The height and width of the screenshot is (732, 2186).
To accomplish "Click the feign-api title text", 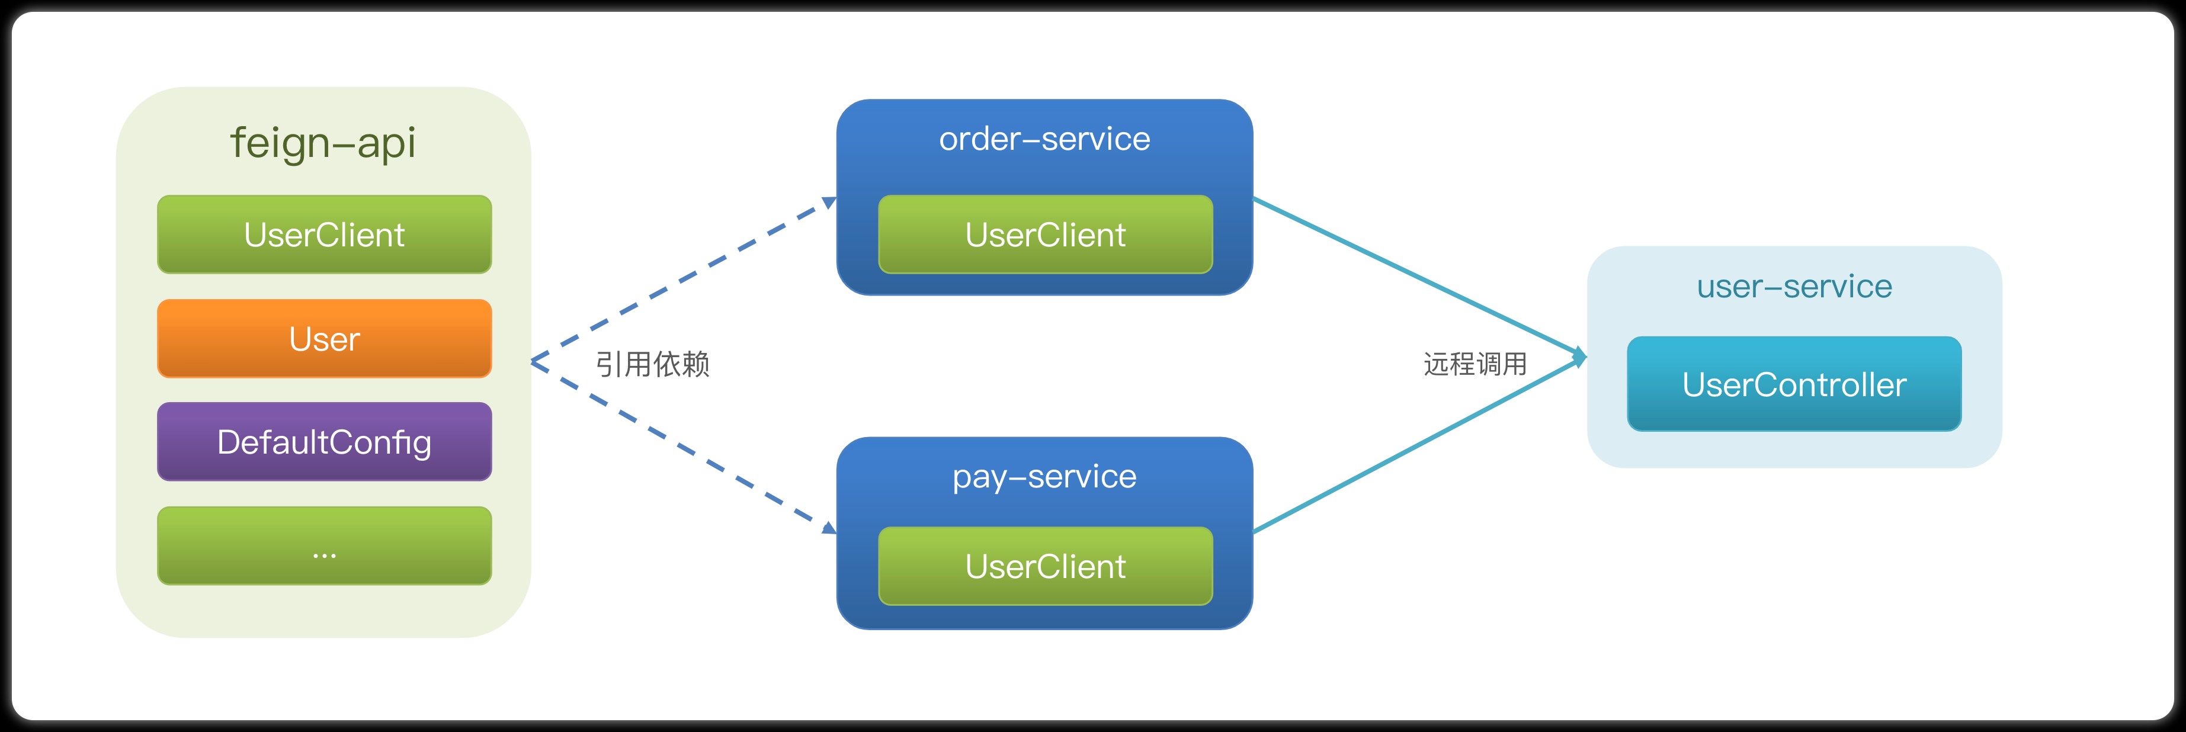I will click(323, 143).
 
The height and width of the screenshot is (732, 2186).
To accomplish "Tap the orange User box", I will click(324, 338).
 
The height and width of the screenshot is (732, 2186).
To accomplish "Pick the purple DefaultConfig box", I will click(324, 442).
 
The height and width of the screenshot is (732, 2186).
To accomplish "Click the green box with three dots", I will click(324, 546).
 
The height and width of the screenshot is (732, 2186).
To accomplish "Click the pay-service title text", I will click(1044, 477).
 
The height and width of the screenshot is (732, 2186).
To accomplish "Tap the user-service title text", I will click(1794, 287).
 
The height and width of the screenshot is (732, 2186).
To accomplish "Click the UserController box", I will click(1794, 384).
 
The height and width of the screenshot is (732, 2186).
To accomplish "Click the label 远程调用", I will click(1475, 364).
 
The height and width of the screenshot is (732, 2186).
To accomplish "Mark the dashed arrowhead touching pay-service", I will click(829, 528).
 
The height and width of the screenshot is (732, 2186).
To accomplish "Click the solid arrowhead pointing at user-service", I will click(1579, 357).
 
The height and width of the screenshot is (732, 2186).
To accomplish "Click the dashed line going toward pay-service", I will click(679, 445).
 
